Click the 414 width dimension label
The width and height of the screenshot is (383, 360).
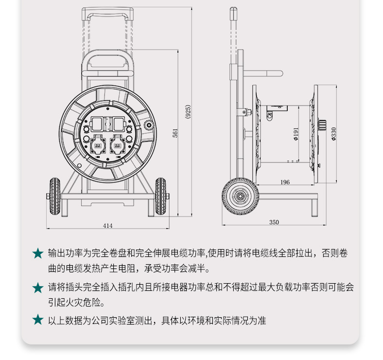108,226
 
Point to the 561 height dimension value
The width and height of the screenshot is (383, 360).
175,133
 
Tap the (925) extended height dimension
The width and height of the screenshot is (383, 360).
188,112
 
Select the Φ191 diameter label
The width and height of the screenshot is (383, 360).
296,134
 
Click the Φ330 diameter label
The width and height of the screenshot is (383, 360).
334,134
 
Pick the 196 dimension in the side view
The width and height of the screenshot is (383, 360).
285,182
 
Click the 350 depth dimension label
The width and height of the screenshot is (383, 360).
274,222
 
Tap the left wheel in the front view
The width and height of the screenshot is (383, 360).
55,197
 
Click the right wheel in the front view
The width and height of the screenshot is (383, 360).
160,197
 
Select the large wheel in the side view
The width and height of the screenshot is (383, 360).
241,197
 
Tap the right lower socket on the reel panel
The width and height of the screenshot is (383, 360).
117,145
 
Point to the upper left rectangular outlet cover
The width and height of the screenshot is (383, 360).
97,124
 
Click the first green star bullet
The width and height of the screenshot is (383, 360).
38,253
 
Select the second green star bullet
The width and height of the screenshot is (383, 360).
38,288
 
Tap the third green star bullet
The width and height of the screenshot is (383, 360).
38,320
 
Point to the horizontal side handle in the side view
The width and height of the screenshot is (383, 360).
263,73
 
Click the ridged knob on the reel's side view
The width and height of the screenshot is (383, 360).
322,126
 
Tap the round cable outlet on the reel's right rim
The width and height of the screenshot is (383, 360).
149,126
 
